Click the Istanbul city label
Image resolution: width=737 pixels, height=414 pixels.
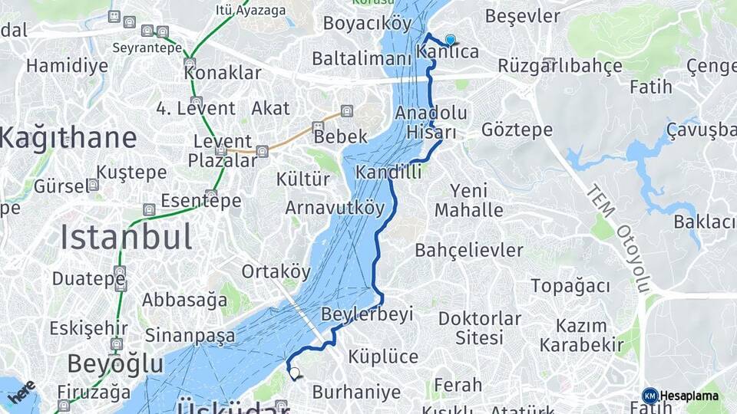127,238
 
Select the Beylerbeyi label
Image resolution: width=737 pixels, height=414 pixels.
367,314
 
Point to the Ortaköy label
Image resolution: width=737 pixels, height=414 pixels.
276,271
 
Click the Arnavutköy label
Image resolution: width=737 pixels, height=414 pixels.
334,208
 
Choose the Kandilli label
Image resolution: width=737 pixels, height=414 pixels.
388,172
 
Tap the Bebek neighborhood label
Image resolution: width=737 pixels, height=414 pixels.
340,136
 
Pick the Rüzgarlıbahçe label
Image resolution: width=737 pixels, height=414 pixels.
560,66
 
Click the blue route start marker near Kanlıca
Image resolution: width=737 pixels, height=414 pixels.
450,40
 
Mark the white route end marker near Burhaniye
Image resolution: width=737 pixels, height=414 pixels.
294,373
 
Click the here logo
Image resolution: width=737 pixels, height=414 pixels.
21,391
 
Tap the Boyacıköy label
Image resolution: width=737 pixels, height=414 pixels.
367,24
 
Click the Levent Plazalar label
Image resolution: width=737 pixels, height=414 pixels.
222,150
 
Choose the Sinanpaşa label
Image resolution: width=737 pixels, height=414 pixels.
190,335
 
